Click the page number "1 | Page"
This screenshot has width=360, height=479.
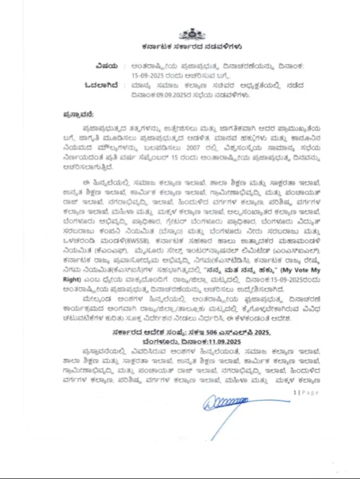pyautogui.click(x=306, y=392)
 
